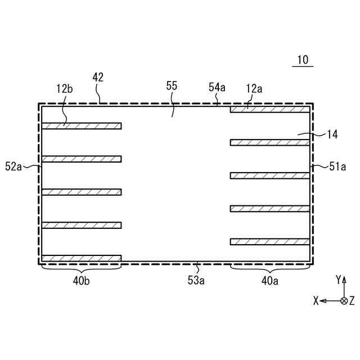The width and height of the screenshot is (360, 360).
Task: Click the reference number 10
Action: pos(303,60)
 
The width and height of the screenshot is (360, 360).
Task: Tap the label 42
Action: pos(98,78)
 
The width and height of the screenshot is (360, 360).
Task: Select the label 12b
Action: pos(64,88)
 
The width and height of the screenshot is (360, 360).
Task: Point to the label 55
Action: pos(172,85)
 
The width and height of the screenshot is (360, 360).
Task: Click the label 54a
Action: pos(217,87)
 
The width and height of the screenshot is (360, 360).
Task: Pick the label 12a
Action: pos(254,88)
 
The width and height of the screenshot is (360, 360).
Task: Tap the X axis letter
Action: pos(316,301)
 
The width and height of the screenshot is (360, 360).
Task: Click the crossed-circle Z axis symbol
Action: pos(344,301)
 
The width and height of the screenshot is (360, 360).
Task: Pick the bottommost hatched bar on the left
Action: pos(82,258)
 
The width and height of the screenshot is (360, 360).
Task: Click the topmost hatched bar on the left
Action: pos(82,126)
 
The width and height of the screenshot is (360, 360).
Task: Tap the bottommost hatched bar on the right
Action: pos(269,241)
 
